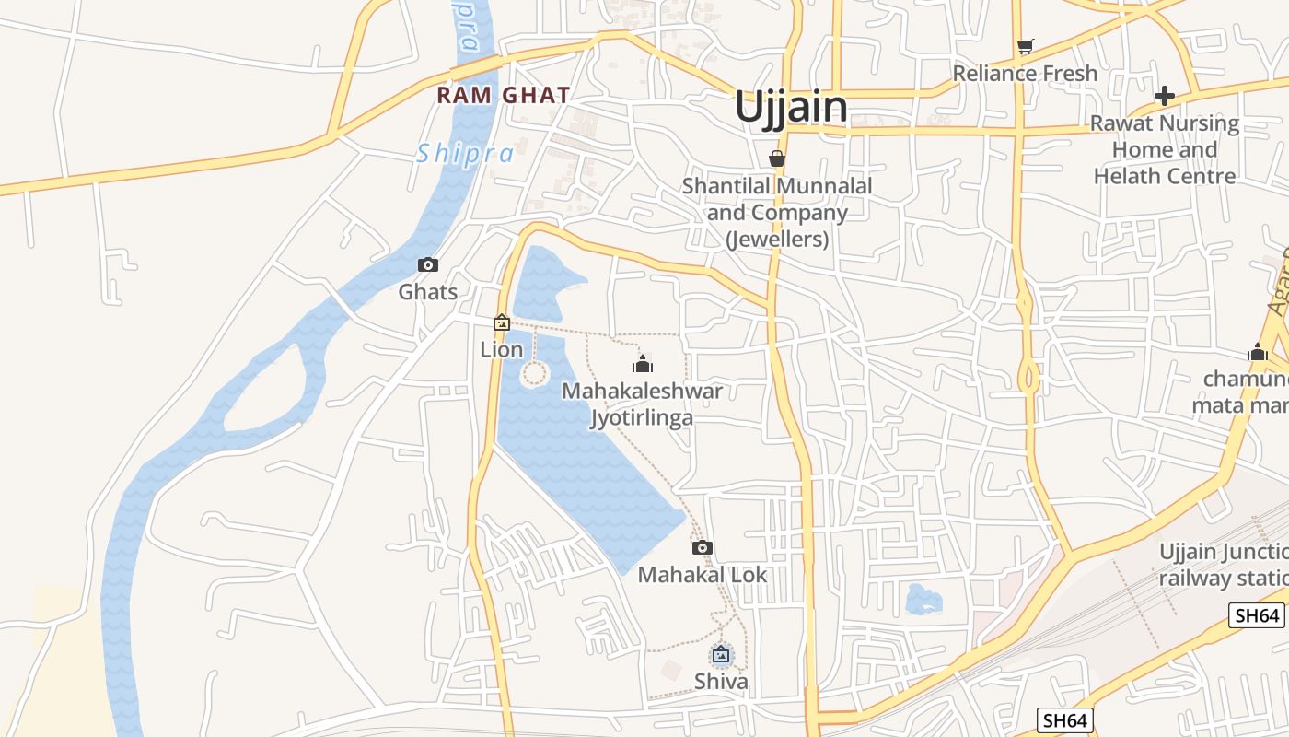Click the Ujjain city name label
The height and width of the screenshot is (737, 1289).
(791, 107)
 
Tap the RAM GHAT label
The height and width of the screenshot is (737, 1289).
(504, 95)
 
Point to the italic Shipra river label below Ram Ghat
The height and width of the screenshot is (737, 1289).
(465, 154)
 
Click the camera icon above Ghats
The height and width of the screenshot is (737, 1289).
(428, 265)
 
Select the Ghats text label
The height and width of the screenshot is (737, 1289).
(428, 292)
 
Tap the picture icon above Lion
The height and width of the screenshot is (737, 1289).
(502, 322)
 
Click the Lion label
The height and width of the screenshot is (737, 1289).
(502, 349)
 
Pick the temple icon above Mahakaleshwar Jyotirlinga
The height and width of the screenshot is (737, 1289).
(643, 364)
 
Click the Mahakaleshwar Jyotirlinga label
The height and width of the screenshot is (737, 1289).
(642, 404)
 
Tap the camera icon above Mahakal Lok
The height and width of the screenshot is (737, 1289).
(703, 548)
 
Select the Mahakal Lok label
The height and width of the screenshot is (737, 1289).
(703, 575)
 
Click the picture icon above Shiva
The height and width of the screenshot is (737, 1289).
(721, 655)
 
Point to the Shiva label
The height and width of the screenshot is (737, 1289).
(721, 682)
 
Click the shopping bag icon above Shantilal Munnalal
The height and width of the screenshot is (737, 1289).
(777, 158)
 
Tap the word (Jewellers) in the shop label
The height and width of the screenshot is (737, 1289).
(777, 240)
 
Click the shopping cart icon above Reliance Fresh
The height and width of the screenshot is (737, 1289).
(1025, 46)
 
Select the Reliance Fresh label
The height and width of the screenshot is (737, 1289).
(1025, 73)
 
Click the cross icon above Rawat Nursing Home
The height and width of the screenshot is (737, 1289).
(1165, 96)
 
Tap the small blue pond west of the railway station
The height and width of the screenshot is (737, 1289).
(923, 600)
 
